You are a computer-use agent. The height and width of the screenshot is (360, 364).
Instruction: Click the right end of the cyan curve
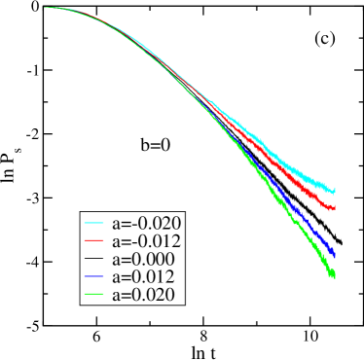(x=335, y=190)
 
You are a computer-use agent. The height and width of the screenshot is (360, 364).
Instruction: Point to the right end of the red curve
(x=335, y=206)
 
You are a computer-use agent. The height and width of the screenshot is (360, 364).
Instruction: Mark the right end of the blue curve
(x=335, y=254)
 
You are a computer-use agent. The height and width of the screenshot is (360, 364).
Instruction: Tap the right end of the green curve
(x=335, y=276)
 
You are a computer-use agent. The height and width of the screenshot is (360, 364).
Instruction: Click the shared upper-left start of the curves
(x=45, y=8)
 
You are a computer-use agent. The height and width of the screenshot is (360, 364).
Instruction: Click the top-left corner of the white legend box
(x=81, y=211)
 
